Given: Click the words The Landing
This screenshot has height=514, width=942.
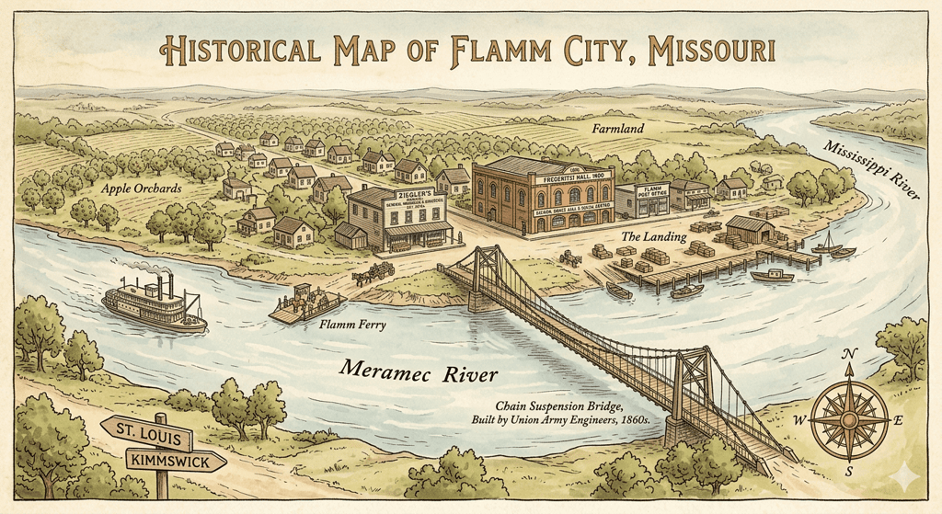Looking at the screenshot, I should (x=654, y=237).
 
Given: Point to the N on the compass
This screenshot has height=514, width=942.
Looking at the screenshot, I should (x=849, y=356).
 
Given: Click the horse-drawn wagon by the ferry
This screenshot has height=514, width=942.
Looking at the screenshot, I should (x=374, y=272).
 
